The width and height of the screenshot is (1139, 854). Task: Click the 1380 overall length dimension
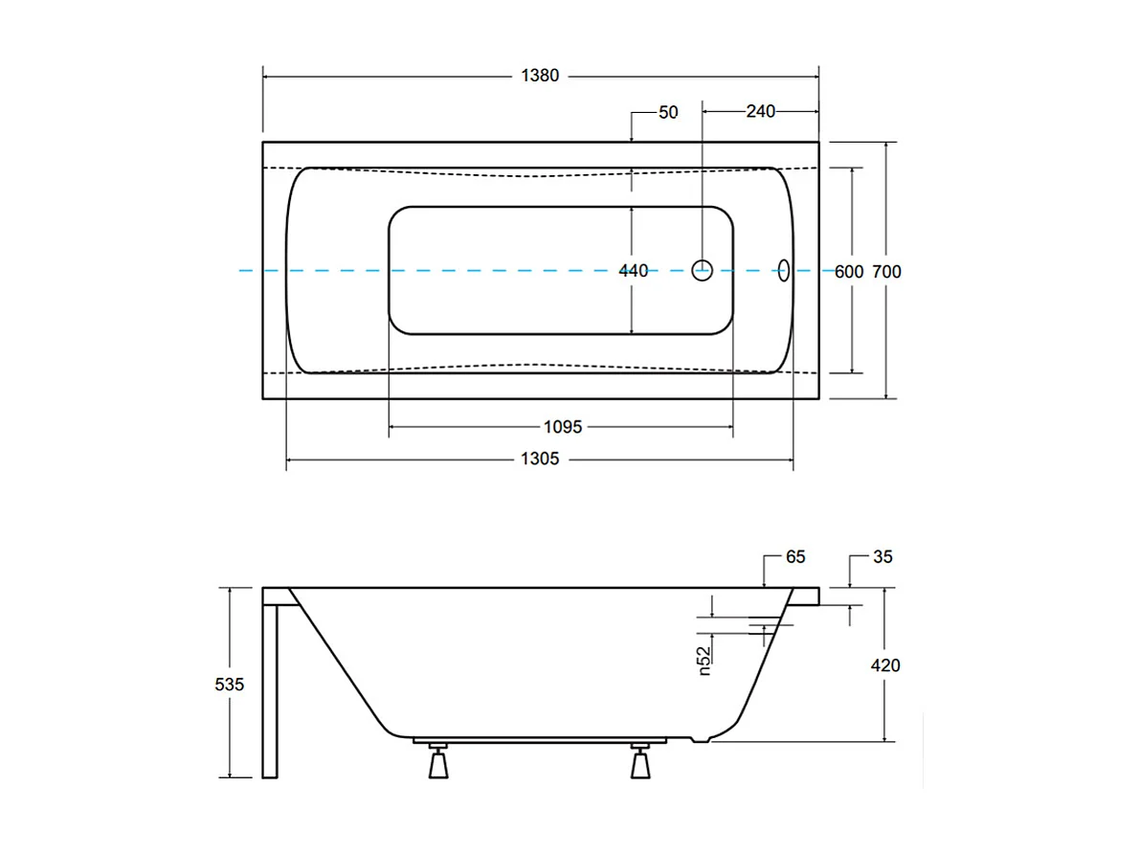pos(540,77)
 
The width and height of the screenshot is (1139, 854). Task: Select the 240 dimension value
pos(760,112)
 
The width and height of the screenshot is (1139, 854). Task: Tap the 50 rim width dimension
pos(668,112)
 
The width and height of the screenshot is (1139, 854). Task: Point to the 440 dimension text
pos(633,271)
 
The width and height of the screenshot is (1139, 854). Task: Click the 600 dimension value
pos(849,272)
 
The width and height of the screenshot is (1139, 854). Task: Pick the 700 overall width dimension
pos(886,272)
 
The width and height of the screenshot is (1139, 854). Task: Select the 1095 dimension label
pos(563,427)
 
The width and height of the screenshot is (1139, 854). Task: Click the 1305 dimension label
pos(540,460)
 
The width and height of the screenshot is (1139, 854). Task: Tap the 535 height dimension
pos(231,685)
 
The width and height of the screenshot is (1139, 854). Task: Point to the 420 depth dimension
pos(886,664)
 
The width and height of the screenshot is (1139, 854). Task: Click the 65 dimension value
pos(795,556)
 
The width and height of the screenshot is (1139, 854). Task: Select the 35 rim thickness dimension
pos(882,556)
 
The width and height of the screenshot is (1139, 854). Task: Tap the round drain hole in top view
pos(703,271)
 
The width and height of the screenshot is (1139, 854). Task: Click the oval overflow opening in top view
pos(784,271)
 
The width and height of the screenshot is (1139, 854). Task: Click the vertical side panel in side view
pos(270,689)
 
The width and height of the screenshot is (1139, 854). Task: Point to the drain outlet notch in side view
pos(704,739)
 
